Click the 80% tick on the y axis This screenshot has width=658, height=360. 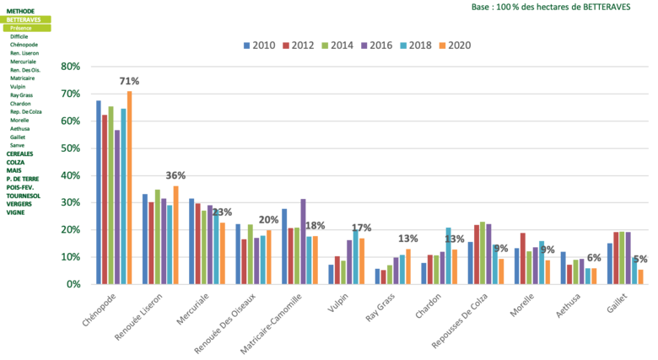[71, 66]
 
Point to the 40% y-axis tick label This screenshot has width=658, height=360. [71, 175]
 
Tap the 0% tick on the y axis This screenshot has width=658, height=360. [73, 283]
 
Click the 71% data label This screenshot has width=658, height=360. [129, 81]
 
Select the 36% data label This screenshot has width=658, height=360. [175, 175]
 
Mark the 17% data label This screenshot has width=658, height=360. [361, 227]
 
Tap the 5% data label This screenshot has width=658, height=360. [640, 259]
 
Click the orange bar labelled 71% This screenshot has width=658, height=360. [129, 186]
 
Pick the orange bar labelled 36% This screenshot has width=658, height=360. [175, 234]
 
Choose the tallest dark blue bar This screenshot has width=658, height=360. [98, 191]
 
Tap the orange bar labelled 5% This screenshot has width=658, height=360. [640, 276]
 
